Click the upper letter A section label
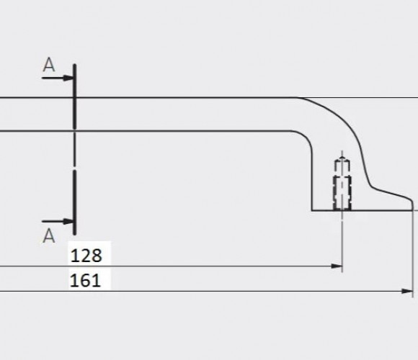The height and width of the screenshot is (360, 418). pyautogui.click(x=49, y=65)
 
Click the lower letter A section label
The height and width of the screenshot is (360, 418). pyautogui.click(x=49, y=236)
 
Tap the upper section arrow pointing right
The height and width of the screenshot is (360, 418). pyautogui.click(x=58, y=78)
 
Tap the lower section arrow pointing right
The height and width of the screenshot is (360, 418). pyautogui.click(x=58, y=221)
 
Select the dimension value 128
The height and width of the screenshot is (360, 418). pyautogui.click(x=86, y=256)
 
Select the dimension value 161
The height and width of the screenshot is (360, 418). pyautogui.click(x=85, y=281)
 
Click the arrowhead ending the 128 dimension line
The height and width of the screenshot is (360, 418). pyautogui.click(x=337, y=266)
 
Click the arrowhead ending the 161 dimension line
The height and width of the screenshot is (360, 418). pyautogui.click(x=407, y=291)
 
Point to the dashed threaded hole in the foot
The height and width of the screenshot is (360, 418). pyautogui.click(x=342, y=193)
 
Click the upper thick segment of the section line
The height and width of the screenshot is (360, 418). pyautogui.click(x=75, y=96)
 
